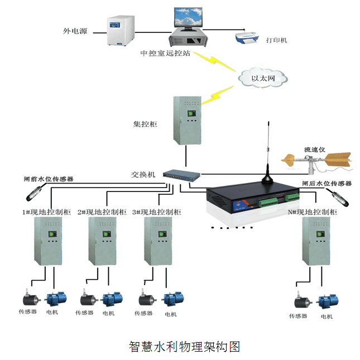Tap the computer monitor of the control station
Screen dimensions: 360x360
click(189, 18)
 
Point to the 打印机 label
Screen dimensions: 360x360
click(276, 41)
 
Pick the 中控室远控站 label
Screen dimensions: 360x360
click(165, 55)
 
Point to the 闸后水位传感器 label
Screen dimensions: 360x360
click(327, 183)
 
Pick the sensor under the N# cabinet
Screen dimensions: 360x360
click(302, 301)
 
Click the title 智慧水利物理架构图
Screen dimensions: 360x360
click(184, 347)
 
